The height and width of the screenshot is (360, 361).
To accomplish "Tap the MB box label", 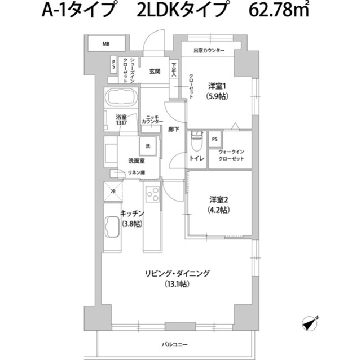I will pyautogui.click(x=105, y=44).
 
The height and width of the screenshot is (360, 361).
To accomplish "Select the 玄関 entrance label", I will pyautogui.click(x=155, y=72).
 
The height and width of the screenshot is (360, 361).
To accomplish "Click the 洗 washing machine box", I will pyautogui.click(x=148, y=146).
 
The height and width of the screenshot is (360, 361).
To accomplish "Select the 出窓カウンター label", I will pyautogui.click(x=209, y=51).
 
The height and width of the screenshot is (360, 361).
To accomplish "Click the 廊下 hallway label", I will pyautogui.click(x=174, y=130).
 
